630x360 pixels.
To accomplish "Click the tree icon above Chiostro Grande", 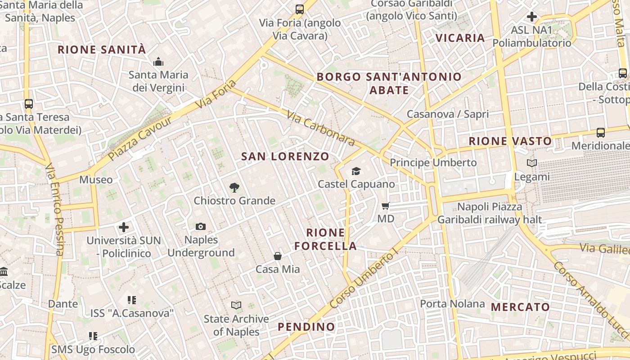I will pos(234,187).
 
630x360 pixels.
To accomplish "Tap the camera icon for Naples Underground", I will pos(201,226).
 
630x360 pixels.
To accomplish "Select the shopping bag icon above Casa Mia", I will pos(278,256).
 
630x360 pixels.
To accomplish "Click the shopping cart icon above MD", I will pos(385,206).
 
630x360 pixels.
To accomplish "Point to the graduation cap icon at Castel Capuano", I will pos(356,171).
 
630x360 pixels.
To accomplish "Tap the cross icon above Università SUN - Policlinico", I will pos(124,227).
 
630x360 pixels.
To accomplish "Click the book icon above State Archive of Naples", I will pos(236,306).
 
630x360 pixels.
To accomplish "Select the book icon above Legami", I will pos(532,163).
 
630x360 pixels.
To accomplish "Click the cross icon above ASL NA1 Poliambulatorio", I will pos(532,17).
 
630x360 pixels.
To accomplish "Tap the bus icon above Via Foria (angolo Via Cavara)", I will pos(299,9).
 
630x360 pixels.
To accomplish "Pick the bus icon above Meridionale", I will pos(601,132).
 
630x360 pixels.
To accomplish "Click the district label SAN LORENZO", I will pos(285,157).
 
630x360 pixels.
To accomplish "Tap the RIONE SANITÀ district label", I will pos(102,49).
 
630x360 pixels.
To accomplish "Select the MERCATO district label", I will pos(520,307).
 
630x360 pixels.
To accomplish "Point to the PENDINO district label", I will pos(306,327).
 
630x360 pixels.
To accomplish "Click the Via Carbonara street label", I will pos(320,129).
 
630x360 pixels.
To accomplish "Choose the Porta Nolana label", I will pos(452,304).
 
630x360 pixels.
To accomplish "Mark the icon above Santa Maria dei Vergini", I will pos(158,62).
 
